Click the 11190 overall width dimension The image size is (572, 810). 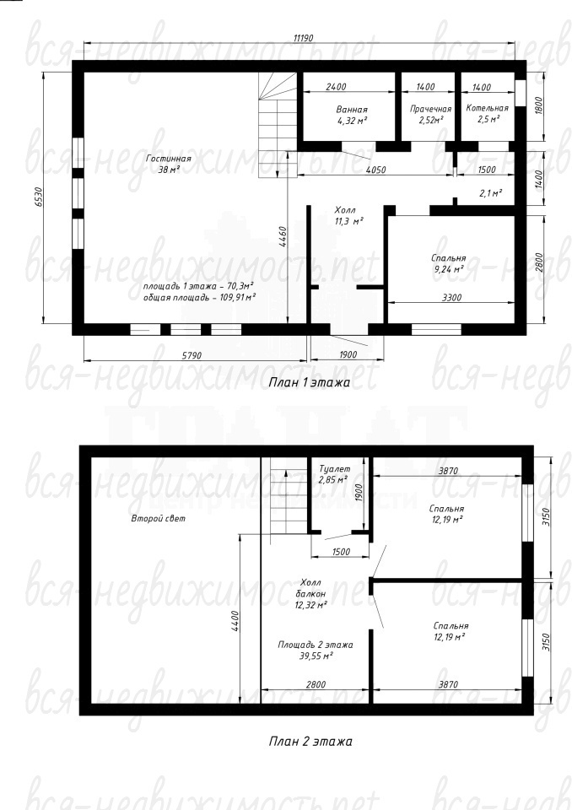tap(304, 38)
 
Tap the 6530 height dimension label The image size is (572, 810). tap(38, 197)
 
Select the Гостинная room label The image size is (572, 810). tap(169, 159)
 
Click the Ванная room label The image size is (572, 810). tap(352, 110)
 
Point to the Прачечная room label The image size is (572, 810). tap(431, 109)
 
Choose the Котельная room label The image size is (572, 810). tap(488, 108)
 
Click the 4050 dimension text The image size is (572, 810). tap(375, 170)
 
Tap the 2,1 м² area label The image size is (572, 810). tap(491, 193)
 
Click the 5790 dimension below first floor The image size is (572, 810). tap(192, 355)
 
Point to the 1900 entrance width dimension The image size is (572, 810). tap(348, 355)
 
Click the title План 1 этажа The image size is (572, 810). tap(310, 383)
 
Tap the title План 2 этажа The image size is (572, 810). tap(310, 742)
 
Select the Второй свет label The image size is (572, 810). tap(158, 518)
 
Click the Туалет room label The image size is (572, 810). tap(334, 469)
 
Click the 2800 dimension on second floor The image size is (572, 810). tap(316, 684)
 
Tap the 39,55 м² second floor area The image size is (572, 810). tap(316, 656)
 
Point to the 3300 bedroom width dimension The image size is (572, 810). tap(451, 298)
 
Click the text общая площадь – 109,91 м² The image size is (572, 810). tap(199, 298)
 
